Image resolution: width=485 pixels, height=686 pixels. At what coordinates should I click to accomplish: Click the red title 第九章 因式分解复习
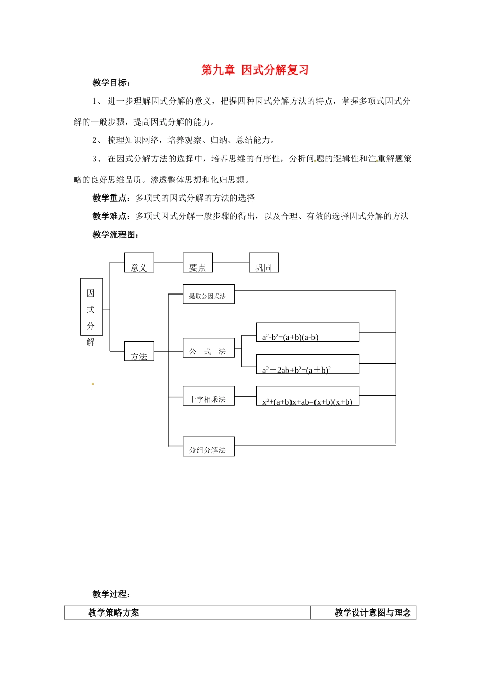point(255,70)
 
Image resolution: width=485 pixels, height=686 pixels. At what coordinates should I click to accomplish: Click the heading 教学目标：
point(111,83)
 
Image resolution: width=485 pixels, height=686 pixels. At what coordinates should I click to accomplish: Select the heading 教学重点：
point(111,198)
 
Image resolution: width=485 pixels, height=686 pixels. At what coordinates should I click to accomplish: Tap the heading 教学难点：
point(111,216)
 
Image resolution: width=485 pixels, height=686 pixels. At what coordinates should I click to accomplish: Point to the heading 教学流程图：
point(116,235)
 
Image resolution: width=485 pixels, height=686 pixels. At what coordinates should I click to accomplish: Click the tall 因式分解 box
point(91,307)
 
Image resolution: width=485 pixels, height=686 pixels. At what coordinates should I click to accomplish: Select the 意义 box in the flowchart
point(139,263)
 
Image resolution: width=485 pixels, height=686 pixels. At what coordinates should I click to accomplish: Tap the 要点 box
point(198,263)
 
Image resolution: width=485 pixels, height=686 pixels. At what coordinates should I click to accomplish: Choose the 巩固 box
point(263,263)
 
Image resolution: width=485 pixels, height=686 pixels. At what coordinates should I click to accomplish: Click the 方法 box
point(139,352)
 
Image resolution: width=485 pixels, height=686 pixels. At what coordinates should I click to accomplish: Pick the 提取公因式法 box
point(208,295)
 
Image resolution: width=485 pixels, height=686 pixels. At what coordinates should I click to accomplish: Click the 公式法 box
point(208,348)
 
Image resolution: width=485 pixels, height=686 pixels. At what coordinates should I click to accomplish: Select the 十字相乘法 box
point(208,396)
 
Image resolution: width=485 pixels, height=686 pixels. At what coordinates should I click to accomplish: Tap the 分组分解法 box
point(208,447)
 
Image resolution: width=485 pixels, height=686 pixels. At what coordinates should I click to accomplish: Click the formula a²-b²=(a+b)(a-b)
point(307,332)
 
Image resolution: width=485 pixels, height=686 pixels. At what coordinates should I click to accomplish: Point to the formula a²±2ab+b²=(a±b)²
point(307,364)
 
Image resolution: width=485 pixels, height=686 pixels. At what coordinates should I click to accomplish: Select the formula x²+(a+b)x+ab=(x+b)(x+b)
point(307,396)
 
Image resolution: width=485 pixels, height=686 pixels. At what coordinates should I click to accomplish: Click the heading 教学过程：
point(111,594)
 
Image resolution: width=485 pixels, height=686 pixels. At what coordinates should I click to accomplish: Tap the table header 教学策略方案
point(114,613)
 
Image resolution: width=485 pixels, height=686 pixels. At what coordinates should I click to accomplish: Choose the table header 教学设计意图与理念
point(373,613)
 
